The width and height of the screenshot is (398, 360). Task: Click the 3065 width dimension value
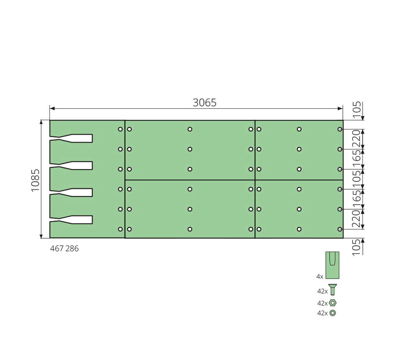[x=204, y=103]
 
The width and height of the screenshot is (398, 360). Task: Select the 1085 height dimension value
[x=35, y=180]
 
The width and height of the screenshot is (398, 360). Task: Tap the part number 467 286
[x=64, y=249]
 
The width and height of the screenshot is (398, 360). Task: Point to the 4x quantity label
[x=320, y=277]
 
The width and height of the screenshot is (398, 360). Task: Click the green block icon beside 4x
[x=332, y=265]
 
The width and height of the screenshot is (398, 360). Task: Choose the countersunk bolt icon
[x=333, y=290]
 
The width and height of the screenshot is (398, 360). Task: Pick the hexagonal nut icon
[x=333, y=303]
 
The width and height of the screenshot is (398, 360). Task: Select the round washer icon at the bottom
[x=333, y=313]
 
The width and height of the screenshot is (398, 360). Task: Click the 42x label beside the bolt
[x=322, y=291]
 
